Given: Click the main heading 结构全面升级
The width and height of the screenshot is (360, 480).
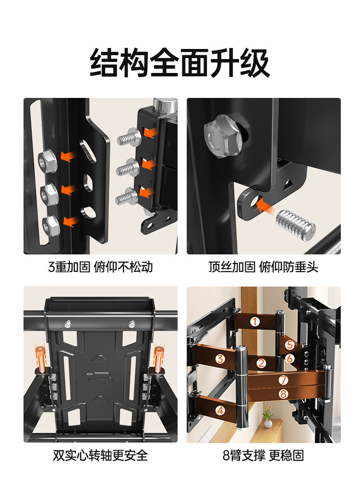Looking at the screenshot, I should [x=180, y=62].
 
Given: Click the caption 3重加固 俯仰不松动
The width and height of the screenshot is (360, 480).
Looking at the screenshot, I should [x=100, y=267].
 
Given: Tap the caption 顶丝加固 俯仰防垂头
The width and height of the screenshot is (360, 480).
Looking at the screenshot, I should [x=263, y=267].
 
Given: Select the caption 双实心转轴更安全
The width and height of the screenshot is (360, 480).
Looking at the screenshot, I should [x=100, y=455].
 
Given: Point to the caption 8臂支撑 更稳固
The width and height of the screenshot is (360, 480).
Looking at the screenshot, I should [x=263, y=455].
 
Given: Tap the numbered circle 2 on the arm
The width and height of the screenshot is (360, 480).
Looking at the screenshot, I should [x=261, y=363].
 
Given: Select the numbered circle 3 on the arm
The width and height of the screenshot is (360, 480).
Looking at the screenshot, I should [x=220, y=359].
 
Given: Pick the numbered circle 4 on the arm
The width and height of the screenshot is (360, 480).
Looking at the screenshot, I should [x=220, y=410].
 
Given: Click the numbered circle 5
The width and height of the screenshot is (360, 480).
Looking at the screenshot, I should [x=289, y=345].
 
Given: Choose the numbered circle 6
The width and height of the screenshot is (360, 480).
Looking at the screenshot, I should [x=289, y=358].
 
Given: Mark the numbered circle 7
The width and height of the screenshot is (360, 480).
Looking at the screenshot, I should [x=283, y=380].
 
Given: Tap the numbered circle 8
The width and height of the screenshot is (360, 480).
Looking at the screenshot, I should [x=283, y=393].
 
